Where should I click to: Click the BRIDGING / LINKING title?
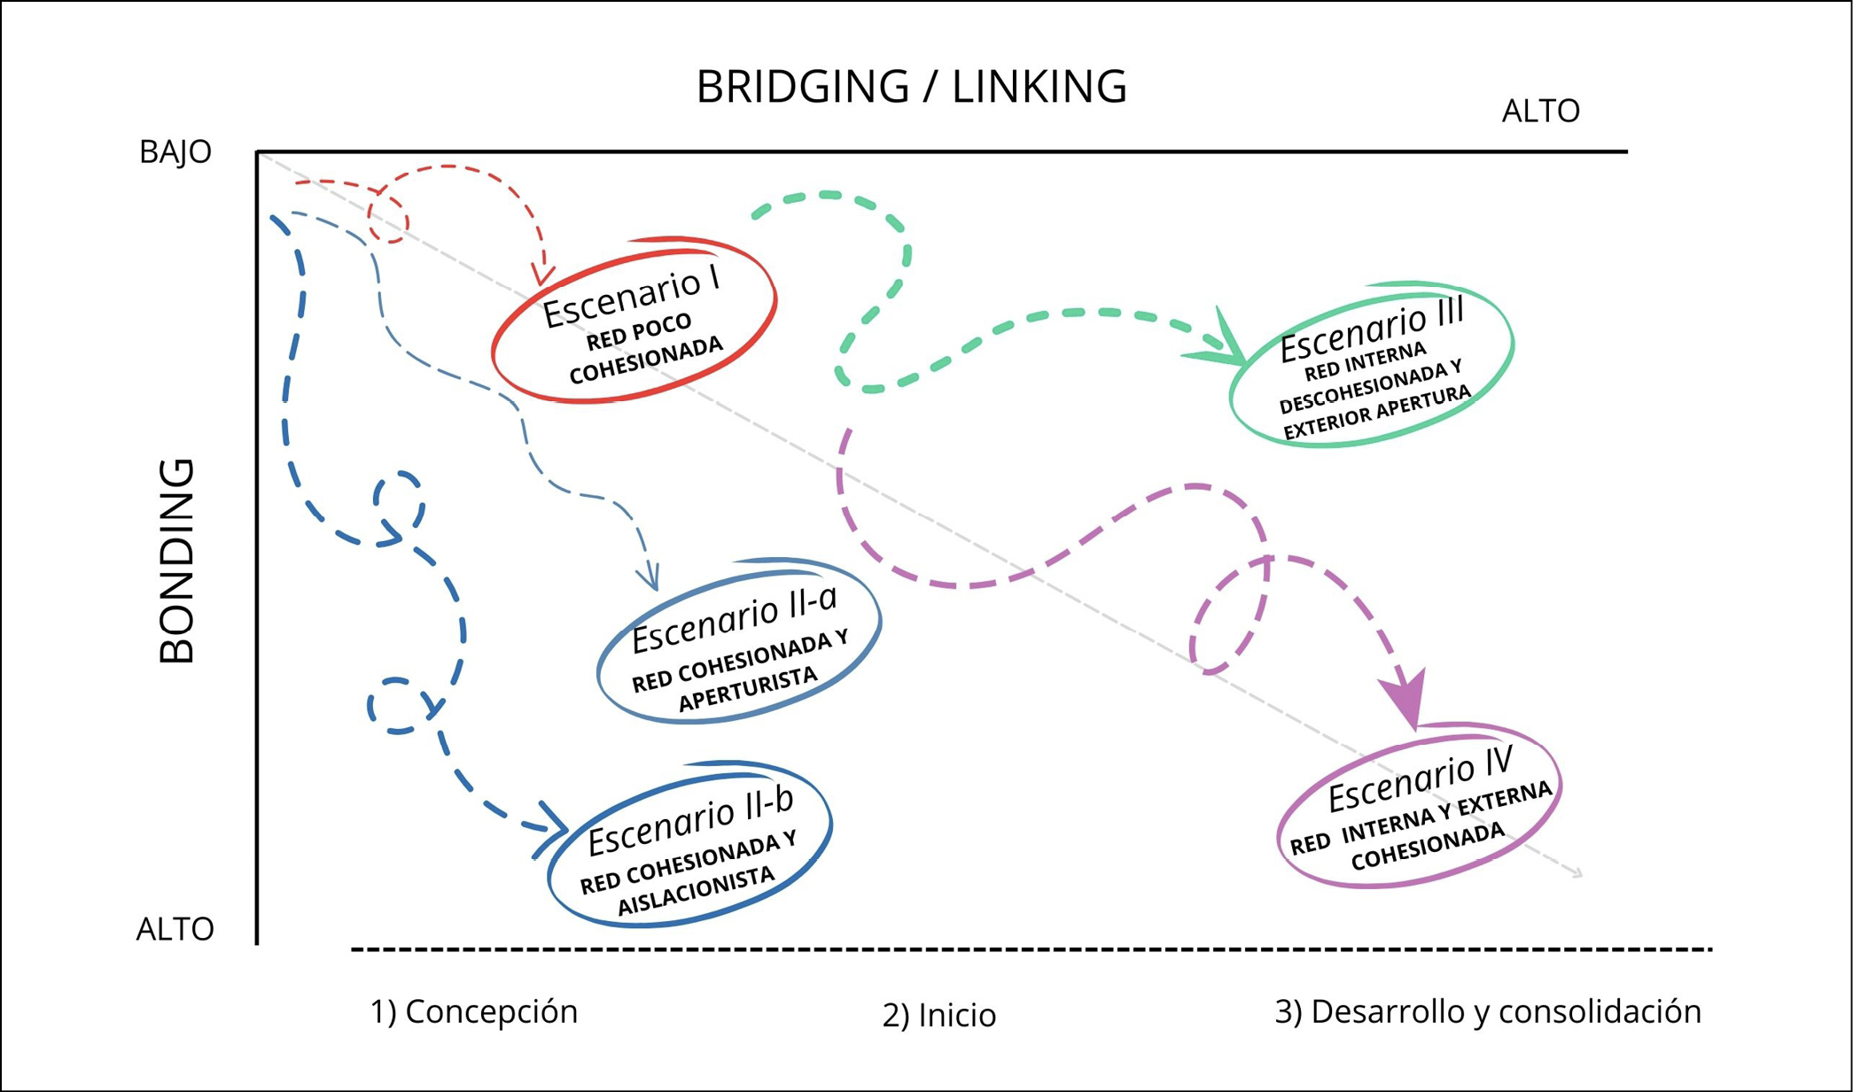[x=911, y=87]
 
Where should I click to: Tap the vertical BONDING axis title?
[x=177, y=561]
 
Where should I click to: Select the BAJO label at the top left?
[x=175, y=152]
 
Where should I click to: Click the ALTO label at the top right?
[x=1540, y=112]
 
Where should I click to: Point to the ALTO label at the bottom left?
[x=175, y=929]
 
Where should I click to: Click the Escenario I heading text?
[x=630, y=298]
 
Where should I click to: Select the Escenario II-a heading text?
[x=734, y=618]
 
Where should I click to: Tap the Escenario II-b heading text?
[x=690, y=823]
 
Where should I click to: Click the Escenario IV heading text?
[x=1419, y=779]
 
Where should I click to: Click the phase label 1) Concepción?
[x=473, y=1011]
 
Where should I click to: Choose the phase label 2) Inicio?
[x=938, y=1015]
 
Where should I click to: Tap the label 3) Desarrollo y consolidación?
[x=1487, y=1011]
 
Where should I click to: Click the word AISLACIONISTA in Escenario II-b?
[x=696, y=890]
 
